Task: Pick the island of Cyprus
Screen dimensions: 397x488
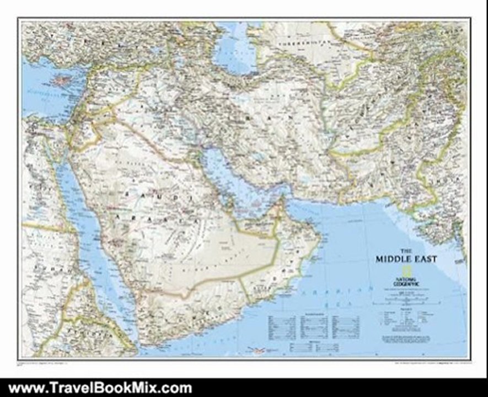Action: click(60, 81)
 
